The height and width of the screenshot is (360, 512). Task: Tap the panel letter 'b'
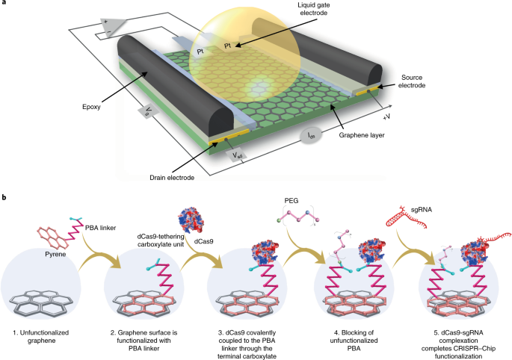(x=4, y=197)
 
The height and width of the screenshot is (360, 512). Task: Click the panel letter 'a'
(x=4, y=4)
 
